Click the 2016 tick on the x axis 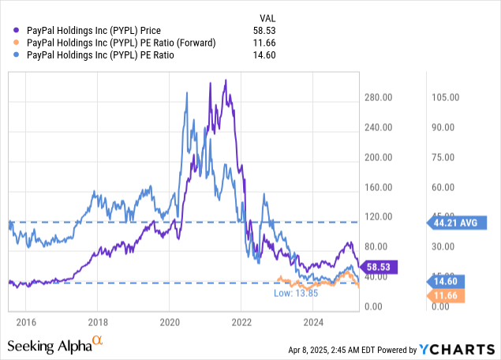(26, 321)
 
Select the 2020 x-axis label (170, 321)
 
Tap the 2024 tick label (314, 321)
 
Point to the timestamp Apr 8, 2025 (311, 347)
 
